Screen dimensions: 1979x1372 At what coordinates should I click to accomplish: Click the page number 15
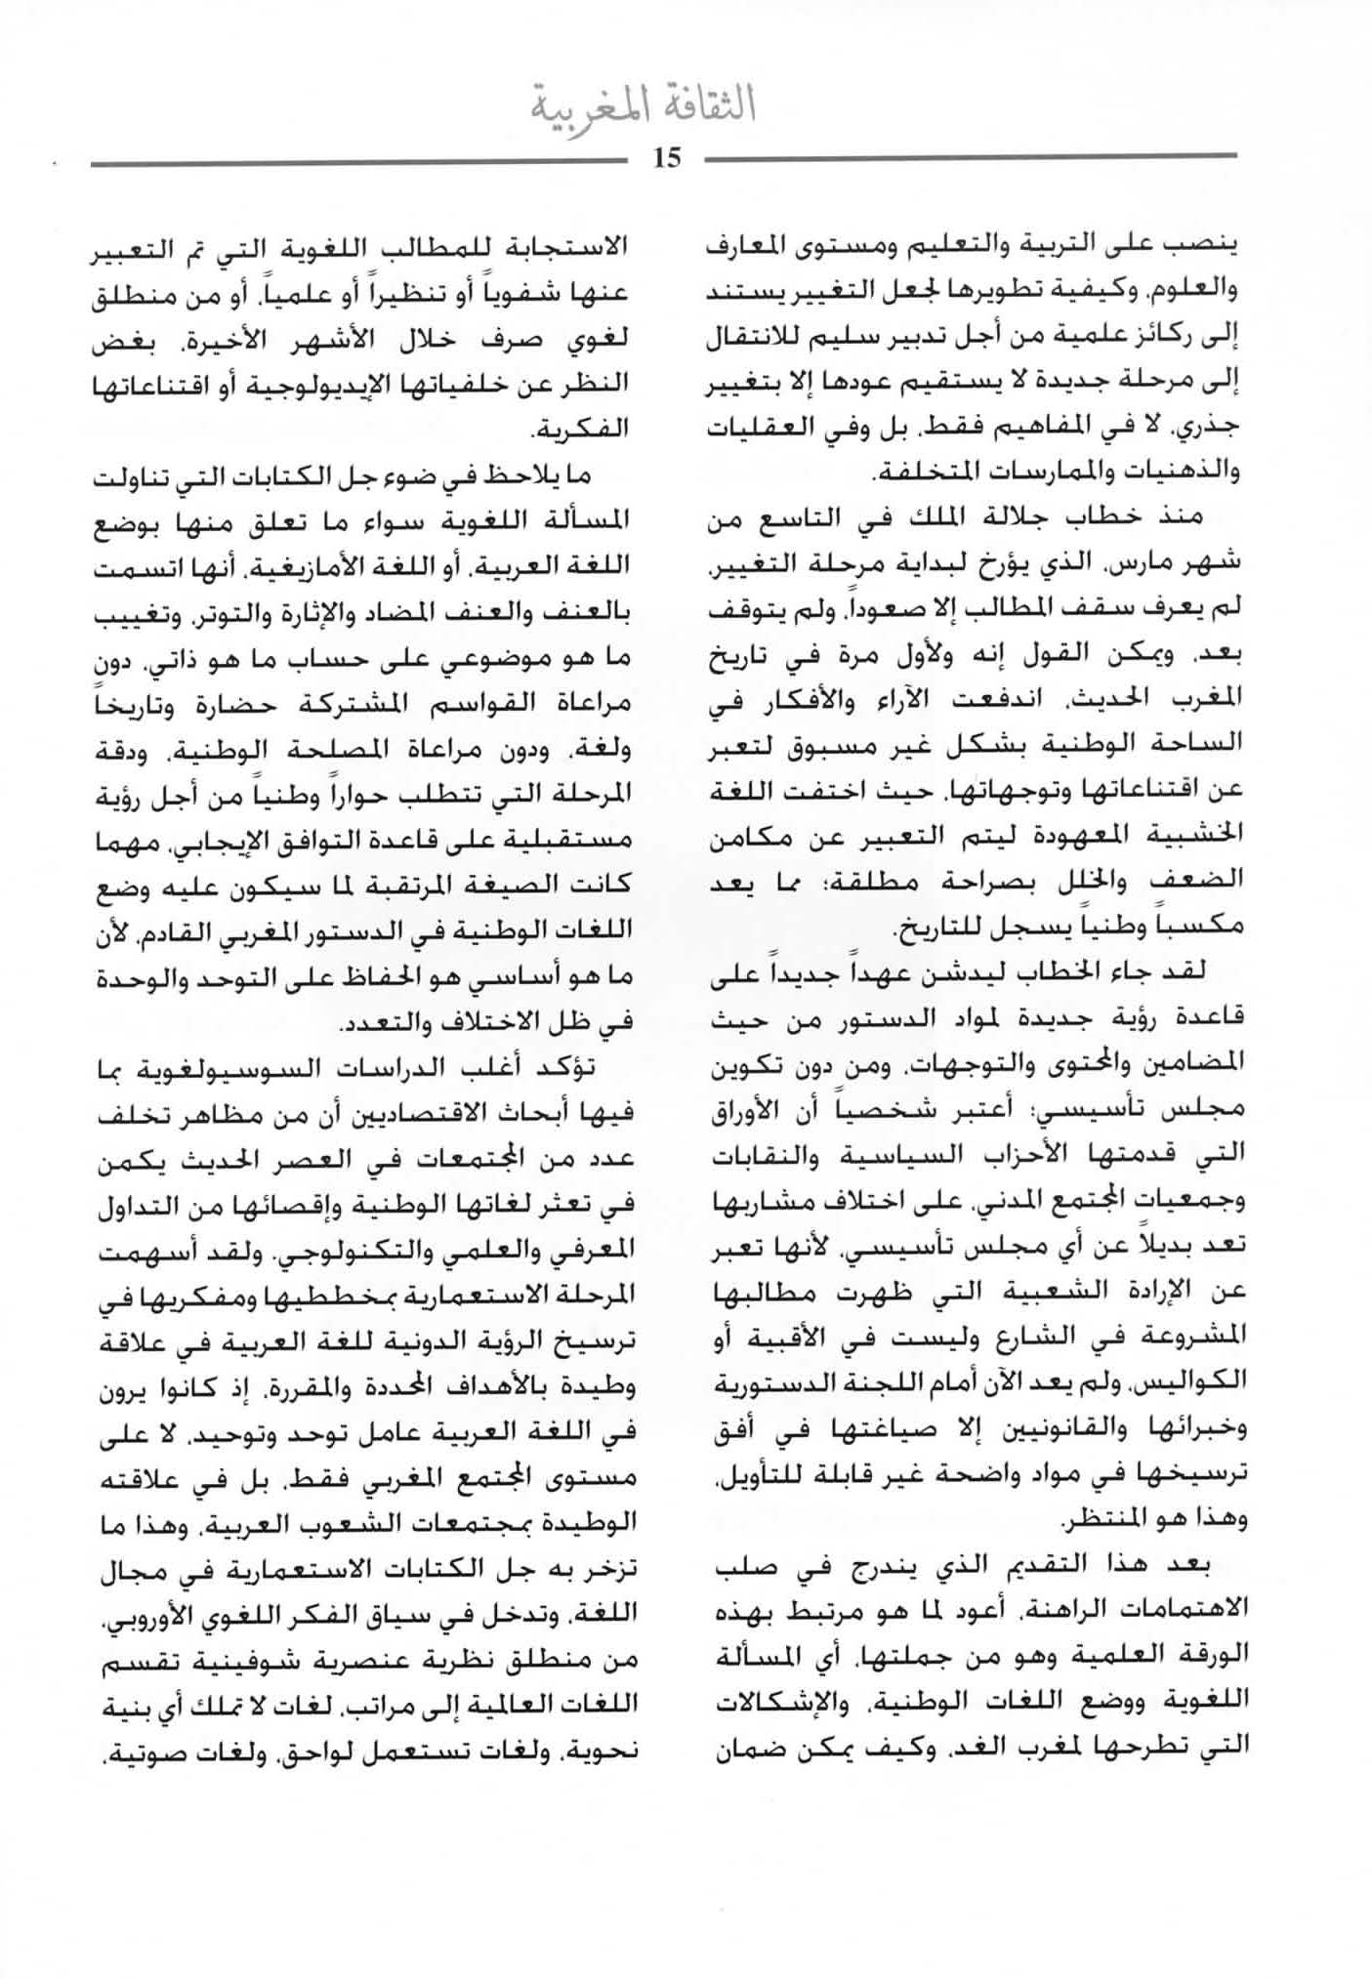(666, 158)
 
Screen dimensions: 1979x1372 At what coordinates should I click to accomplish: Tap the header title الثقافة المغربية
(644, 105)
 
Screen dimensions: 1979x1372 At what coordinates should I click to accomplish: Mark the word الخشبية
(1197, 835)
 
